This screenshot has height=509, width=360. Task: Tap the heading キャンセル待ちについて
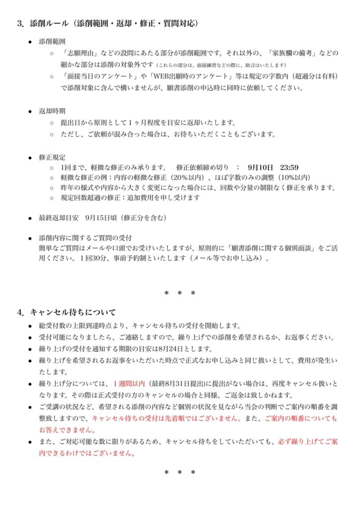coord(73,312)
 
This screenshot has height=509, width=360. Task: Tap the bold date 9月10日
coord(259,167)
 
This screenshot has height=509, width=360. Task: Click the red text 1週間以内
coord(129,384)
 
